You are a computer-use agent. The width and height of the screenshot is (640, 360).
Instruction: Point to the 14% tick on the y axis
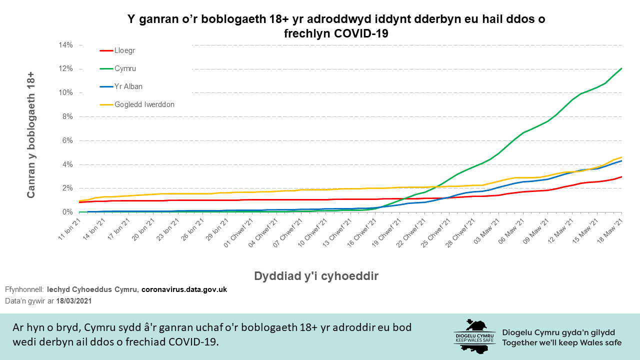click(x=65, y=45)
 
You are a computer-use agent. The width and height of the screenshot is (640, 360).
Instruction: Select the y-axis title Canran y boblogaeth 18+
click(x=31, y=134)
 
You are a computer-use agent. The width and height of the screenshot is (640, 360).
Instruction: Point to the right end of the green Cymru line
click(x=621, y=68)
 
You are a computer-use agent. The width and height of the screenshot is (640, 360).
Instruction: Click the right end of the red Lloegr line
click(x=621, y=176)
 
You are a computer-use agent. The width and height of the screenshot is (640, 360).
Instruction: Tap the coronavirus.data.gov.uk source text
click(x=184, y=289)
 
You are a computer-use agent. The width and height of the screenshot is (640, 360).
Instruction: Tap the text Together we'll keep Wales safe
click(x=562, y=342)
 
